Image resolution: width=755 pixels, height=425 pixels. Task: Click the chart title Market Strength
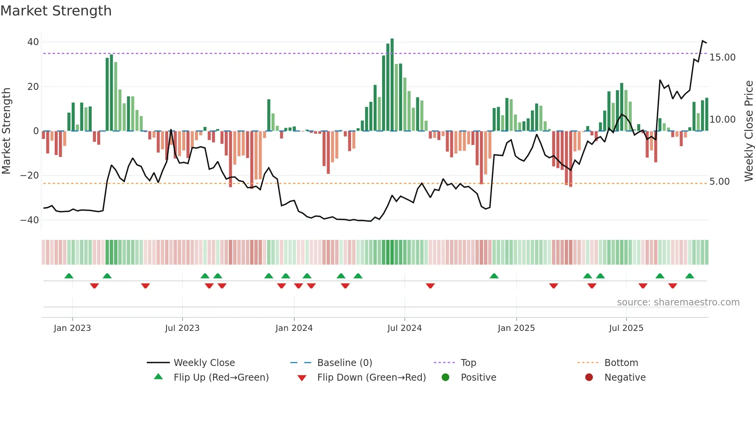point(56,11)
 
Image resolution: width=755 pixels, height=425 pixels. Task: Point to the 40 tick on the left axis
point(33,42)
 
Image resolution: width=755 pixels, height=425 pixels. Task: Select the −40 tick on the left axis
point(30,220)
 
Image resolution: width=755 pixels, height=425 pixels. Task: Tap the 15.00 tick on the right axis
point(722,57)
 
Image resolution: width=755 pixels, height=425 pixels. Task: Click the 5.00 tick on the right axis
point(719,182)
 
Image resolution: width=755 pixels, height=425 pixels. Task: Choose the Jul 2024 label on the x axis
point(404,328)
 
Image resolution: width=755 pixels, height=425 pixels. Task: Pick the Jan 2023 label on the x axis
point(72,328)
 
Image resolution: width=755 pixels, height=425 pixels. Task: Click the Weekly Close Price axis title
point(748,131)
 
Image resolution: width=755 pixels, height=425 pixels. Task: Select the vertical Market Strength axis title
point(6,131)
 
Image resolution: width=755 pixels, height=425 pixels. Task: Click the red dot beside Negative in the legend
point(589,378)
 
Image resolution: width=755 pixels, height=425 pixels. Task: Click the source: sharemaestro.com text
point(678,302)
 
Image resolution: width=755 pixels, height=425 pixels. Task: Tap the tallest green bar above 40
point(392,85)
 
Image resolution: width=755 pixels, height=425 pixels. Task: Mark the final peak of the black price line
point(703,41)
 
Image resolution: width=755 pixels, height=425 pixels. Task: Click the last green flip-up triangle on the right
point(690,276)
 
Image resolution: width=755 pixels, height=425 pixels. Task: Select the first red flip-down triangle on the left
point(94,286)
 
